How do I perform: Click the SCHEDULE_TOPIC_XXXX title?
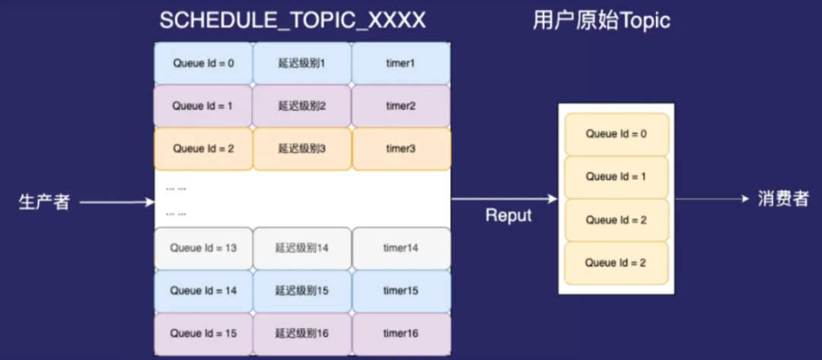(x=292, y=21)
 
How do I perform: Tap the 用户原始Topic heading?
(x=601, y=21)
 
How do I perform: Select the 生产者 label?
(x=44, y=202)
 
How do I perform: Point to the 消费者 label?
(x=783, y=199)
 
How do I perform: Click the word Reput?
(x=508, y=215)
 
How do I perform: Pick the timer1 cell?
(x=400, y=63)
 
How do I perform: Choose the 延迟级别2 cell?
(x=301, y=106)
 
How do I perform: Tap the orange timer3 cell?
(x=400, y=148)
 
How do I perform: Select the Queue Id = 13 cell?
(x=203, y=248)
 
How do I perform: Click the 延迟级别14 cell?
(x=301, y=248)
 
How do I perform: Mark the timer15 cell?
(x=400, y=291)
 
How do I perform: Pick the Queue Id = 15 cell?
(x=203, y=333)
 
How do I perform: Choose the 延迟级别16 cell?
(x=301, y=333)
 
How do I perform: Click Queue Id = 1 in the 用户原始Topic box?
(x=616, y=177)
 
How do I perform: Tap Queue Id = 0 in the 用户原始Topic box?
(x=616, y=134)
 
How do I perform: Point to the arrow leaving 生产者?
(x=116, y=202)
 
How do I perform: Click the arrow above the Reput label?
(x=504, y=199)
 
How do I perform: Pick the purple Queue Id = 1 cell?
(x=203, y=106)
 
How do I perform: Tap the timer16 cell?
(x=400, y=333)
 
